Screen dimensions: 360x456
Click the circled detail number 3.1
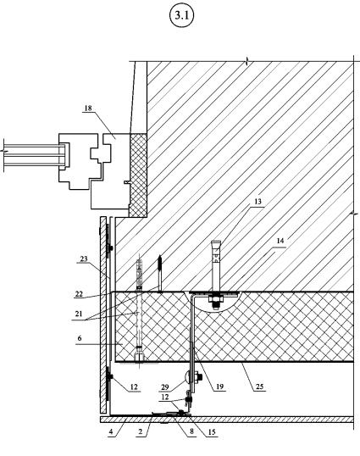tap(181, 15)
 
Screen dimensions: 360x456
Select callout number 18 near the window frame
tap(88, 108)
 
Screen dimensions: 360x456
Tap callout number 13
tap(258, 201)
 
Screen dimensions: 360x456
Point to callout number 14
tap(280, 241)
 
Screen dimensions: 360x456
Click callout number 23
tap(84, 259)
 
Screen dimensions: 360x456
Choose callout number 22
tap(79, 294)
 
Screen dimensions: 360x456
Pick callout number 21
tap(79, 314)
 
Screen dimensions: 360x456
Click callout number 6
tap(80, 338)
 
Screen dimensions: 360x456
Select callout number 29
tap(164, 387)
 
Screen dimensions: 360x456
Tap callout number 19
tap(219, 386)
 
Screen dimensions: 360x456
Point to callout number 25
tap(259, 386)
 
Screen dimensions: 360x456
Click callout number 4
tap(111, 431)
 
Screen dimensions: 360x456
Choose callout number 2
tap(141, 431)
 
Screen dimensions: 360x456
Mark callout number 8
tap(191, 431)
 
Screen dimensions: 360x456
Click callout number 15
tap(212, 432)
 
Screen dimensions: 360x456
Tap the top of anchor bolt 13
tap(216, 242)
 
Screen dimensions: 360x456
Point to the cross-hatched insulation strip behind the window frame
tap(138, 175)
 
